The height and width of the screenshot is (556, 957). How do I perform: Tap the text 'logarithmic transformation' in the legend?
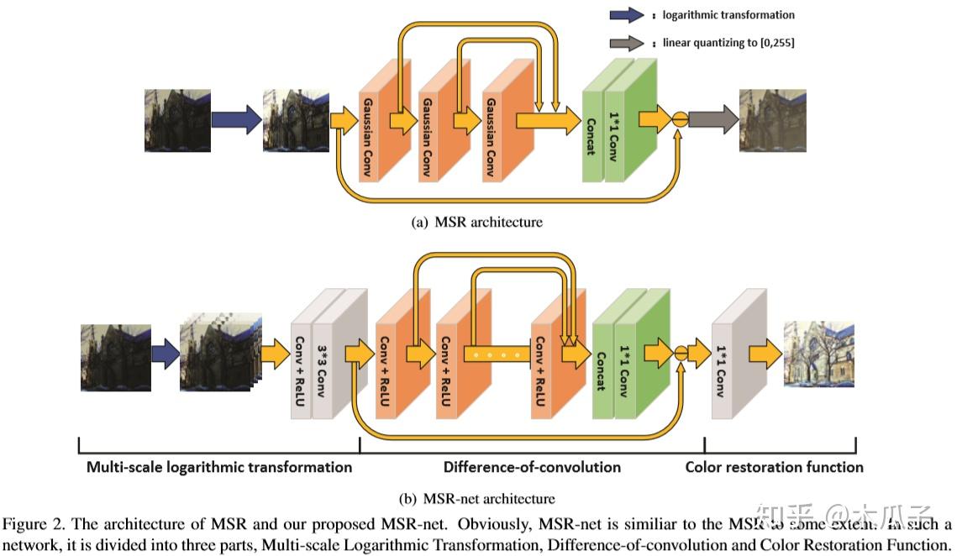coord(728,15)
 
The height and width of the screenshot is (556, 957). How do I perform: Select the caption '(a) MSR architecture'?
coord(476,223)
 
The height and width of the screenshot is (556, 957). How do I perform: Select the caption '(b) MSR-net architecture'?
coord(476,498)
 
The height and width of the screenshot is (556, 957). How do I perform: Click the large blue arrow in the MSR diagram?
coord(236,120)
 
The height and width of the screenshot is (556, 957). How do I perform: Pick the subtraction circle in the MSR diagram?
coord(680,119)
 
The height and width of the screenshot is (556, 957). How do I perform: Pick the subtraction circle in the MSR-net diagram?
coord(681,353)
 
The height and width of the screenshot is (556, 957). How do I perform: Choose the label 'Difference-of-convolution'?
coord(532,467)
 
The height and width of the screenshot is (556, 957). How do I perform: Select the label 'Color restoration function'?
coord(774,467)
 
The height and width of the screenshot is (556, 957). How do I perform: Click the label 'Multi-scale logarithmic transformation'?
coord(219,467)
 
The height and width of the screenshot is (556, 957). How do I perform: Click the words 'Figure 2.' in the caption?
coord(29,523)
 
